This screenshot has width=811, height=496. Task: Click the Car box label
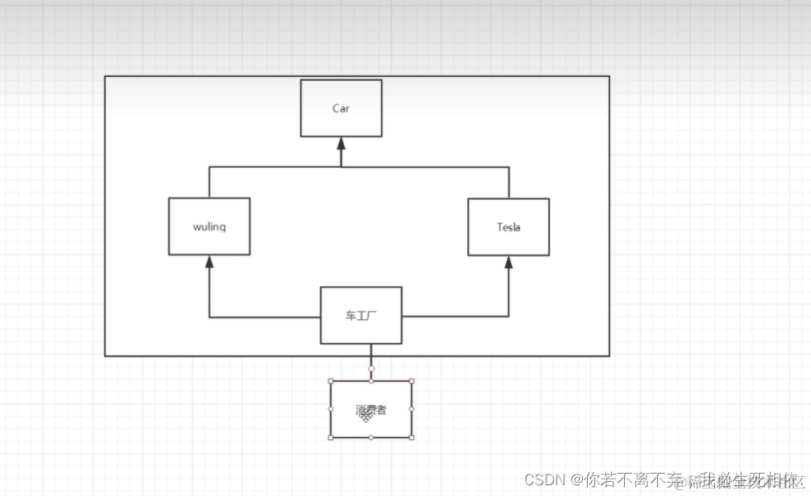tap(341, 108)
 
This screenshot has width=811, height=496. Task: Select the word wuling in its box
tap(209, 227)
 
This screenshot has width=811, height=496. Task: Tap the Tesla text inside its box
tap(508, 227)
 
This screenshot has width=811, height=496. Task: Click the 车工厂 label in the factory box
tap(360, 316)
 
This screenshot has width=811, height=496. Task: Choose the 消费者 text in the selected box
tap(370, 409)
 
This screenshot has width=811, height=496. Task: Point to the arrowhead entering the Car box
tap(341, 143)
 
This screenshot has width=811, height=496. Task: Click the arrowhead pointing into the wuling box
tap(209, 261)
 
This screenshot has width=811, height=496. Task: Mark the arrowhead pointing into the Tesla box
tap(508, 261)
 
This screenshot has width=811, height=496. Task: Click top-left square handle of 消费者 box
tap(331, 381)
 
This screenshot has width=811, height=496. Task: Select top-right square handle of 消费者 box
tap(412, 381)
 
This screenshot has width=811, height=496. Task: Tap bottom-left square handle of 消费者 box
tap(331, 437)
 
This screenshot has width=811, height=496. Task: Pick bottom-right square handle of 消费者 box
tap(412, 437)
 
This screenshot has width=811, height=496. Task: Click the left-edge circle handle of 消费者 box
tap(331, 409)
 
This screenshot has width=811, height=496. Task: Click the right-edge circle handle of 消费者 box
tap(412, 409)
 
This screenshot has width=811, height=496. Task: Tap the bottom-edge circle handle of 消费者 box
tap(371, 437)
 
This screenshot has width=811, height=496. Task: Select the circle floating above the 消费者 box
tap(371, 368)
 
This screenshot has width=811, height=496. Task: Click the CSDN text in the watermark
tap(543, 479)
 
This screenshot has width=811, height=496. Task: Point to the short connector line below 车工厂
tap(371, 355)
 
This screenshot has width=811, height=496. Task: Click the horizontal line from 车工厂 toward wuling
tap(265, 317)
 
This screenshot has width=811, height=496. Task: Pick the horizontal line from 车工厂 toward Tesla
tap(455, 317)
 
